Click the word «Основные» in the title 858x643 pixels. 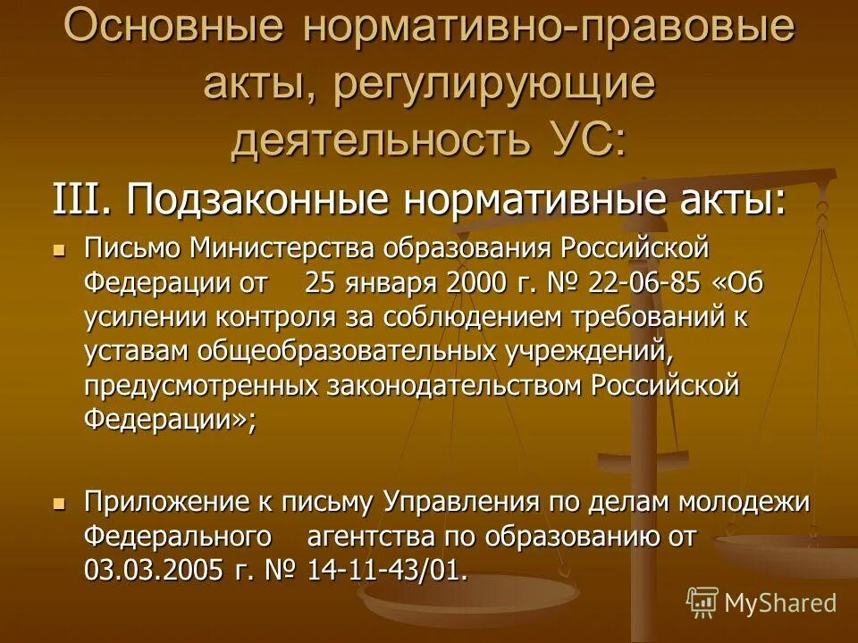pyautogui.click(x=173, y=27)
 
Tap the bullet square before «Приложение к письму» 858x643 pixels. pyautogui.click(x=60, y=504)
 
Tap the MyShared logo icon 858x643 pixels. pyautogui.click(x=702, y=602)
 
